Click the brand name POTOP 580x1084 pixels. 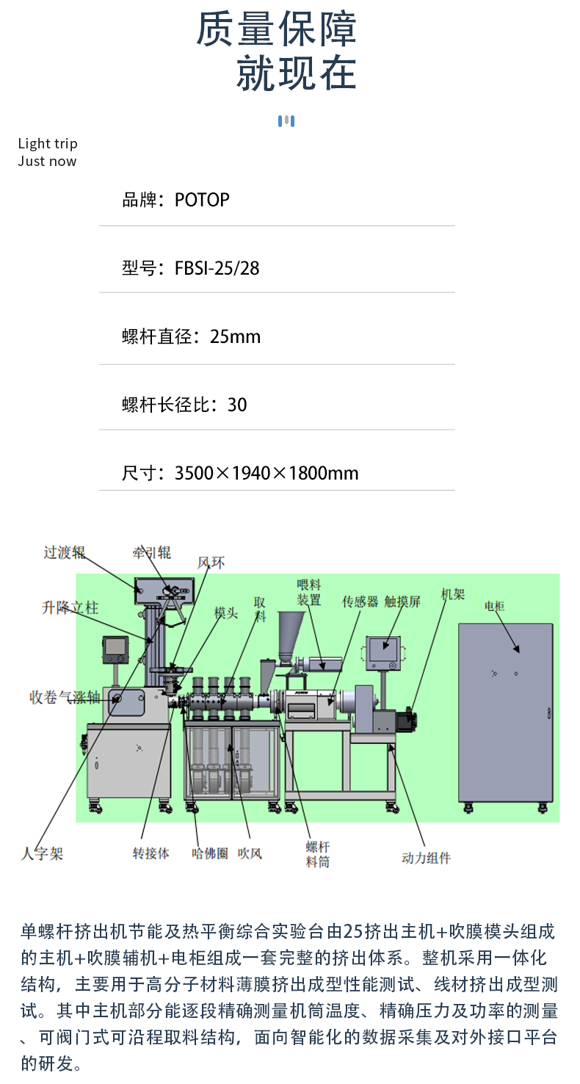tap(202, 200)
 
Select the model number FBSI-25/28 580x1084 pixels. tap(217, 268)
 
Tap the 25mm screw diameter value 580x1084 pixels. tap(235, 336)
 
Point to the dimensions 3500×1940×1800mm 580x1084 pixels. tap(266, 473)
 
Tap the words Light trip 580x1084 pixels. tap(48, 143)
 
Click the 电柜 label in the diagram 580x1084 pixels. tap(494, 607)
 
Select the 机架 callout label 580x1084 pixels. tap(452, 593)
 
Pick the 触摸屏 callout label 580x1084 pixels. tap(402, 601)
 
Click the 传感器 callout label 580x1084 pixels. tap(360, 601)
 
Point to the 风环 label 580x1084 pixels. tap(211, 563)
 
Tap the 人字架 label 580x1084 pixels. tap(42, 853)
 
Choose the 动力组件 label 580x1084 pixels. tap(426, 857)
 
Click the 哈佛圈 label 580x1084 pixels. tap(210, 853)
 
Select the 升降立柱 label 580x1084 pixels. tap(70, 607)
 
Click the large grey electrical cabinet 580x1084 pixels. tap(504, 712)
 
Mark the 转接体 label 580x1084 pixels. tap(151, 853)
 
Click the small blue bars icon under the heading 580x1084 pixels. tap(286, 121)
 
